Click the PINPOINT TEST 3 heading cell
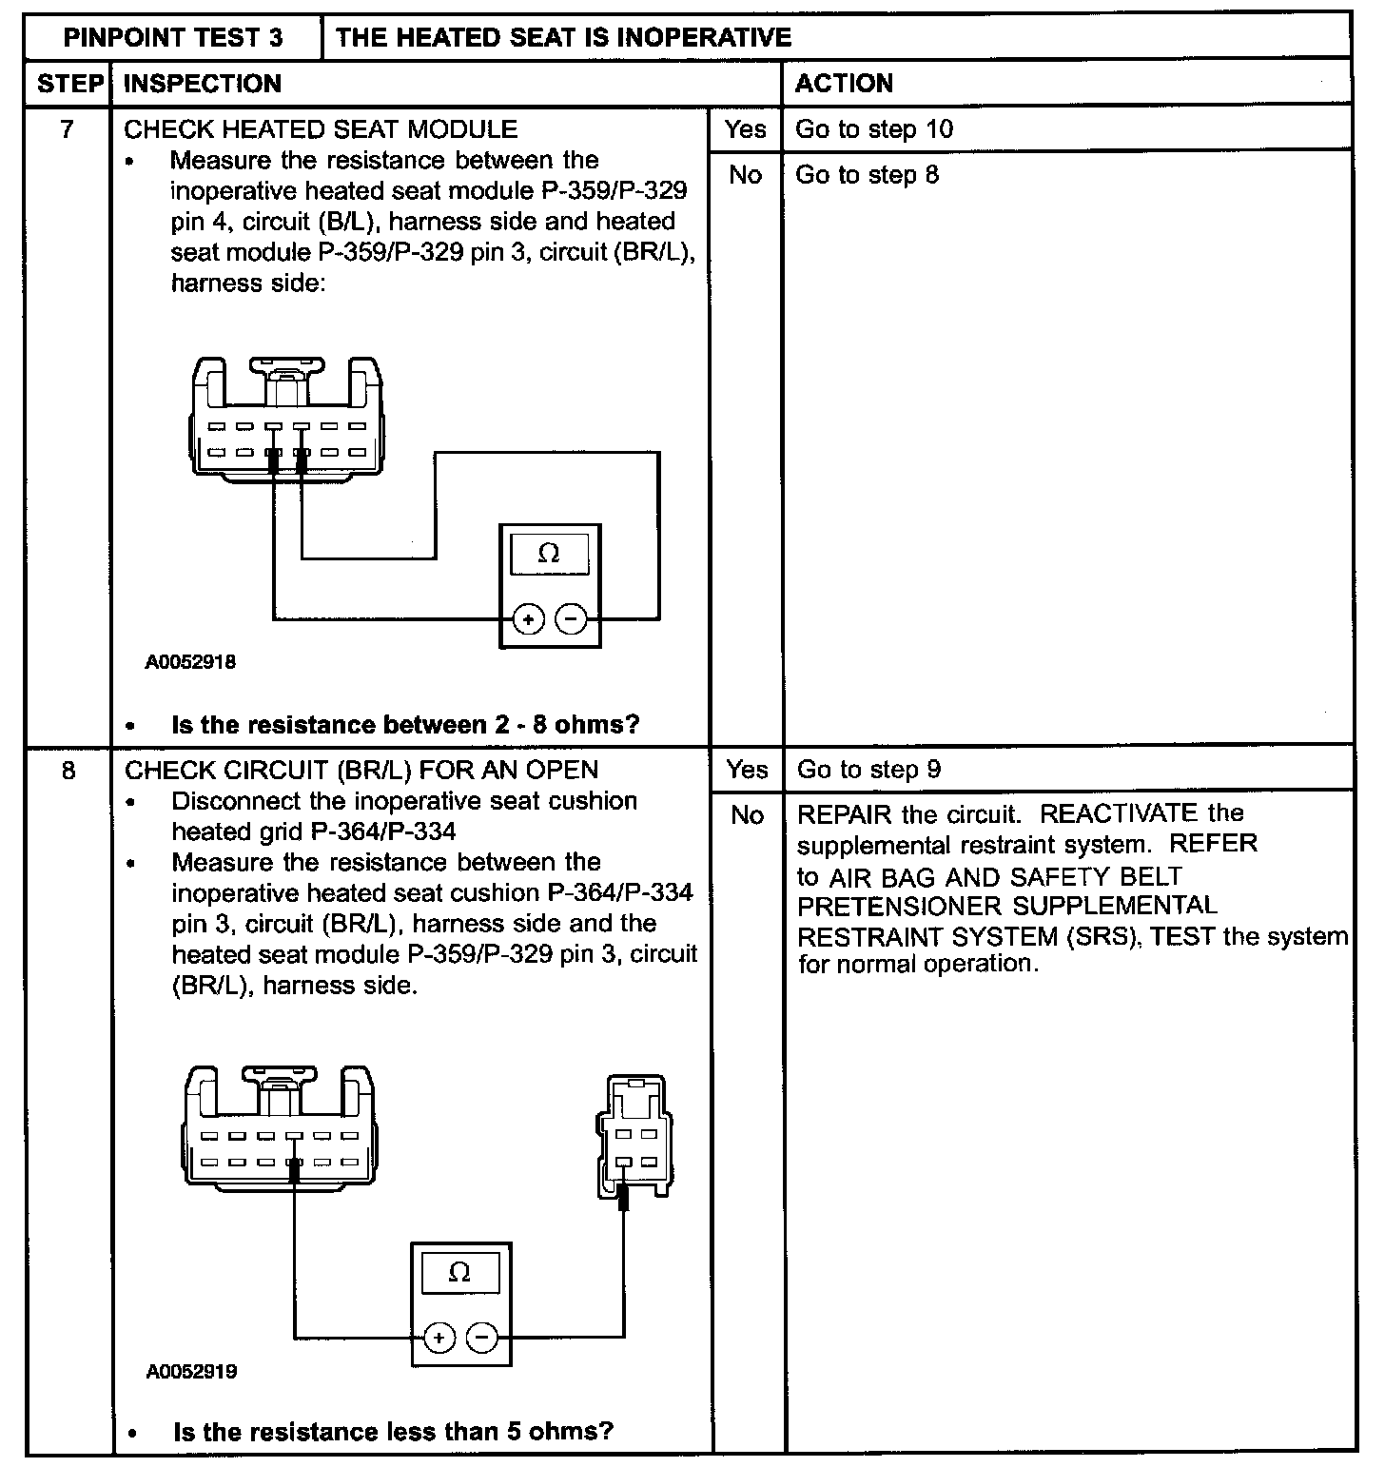173,37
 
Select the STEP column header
69,84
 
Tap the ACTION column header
844,84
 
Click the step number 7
67,129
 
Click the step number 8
68,770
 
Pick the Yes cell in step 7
745,129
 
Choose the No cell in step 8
747,815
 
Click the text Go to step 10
874,129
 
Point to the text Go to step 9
868,770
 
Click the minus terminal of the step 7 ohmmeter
571,620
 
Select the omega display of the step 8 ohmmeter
459,1273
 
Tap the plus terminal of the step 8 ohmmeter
439,1339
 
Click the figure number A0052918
190,662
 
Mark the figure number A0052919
191,1371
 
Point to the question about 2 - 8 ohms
405,725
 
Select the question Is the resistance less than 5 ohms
393,1431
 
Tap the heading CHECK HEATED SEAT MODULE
321,129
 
